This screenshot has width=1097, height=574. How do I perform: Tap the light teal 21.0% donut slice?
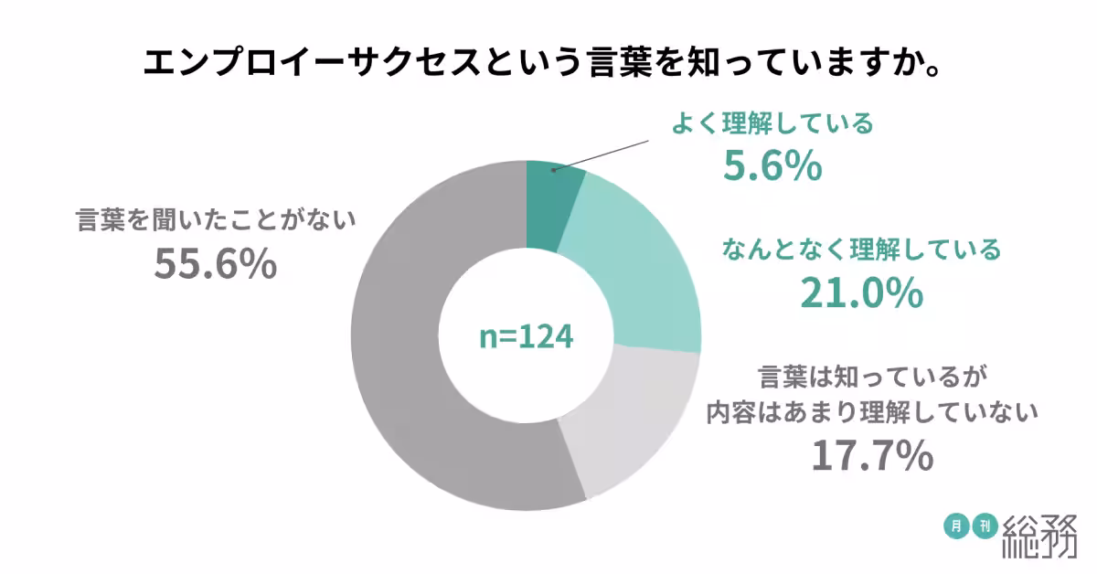pyautogui.click(x=640, y=265)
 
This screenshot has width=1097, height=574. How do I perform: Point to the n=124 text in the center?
pyautogui.click(x=527, y=336)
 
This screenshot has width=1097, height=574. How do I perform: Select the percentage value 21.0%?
pyautogui.click(x=860, y=292)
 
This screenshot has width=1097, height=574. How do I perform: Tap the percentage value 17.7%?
pyautogui.click(x=872, y=455)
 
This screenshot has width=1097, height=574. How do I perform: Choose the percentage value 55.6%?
pyautogui.click(x=215, y=264)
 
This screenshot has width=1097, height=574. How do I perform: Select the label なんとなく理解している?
pyautogui.click(x=861, y=249)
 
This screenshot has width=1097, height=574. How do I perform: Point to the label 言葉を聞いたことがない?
pyautogui.click(x=215, y=220)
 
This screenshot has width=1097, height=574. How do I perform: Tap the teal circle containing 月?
pyautogui.click(x=956, y=526)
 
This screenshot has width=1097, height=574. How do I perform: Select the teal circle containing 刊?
pyautogui.click(x=986, y=526)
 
